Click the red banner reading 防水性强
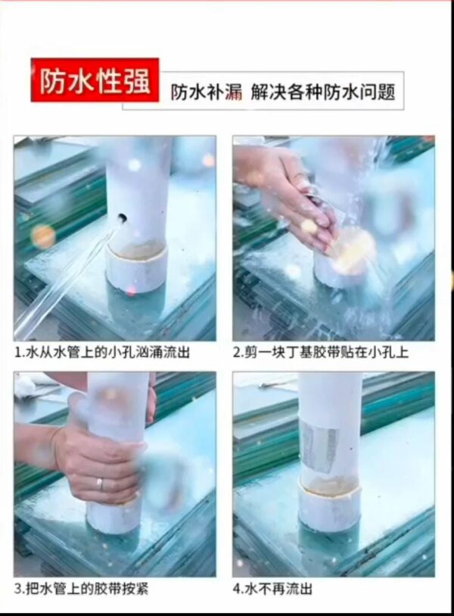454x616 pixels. point(95,80)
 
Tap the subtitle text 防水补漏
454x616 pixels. point(206,92)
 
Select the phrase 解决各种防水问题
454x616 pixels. point(322,92)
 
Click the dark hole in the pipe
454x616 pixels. point(122,217)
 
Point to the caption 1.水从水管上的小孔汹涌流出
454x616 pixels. point(102,352)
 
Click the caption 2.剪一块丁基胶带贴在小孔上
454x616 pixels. point(321,352)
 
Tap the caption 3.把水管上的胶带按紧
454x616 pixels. point(81,589)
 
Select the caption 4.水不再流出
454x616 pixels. point(272,589)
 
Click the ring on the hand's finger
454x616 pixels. point(101,484)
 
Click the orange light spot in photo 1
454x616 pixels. point(43,236)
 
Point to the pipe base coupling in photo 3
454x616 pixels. point(112,517)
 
